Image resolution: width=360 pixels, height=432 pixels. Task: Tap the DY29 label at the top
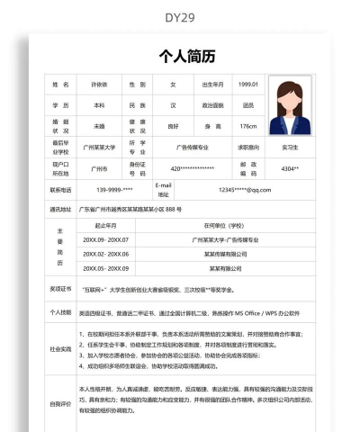[x=180, y=17]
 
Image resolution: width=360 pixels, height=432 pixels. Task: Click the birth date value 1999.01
[x=248, y=85]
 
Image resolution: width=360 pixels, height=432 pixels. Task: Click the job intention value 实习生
[x=290, y=147]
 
